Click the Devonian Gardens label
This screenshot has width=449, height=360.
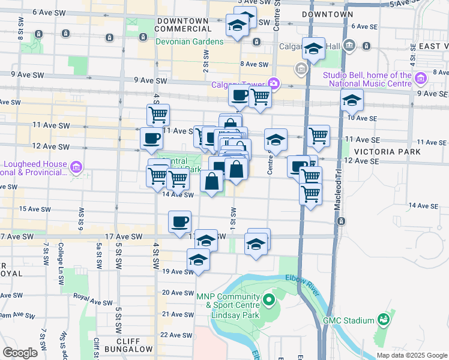click(x=190, y=41)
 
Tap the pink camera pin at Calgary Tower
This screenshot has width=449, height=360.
click(x=274, y=83)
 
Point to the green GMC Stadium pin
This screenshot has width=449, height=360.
click(x=382, y=320)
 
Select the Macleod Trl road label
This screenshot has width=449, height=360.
click(x=337, y=185)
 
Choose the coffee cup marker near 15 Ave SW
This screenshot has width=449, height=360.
click(x=179, y=222)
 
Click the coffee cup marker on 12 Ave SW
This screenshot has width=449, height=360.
click(x=151, y=139)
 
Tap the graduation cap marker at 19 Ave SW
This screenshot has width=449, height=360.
click(x=198, y=260)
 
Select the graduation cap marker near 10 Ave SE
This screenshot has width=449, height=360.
click(x=352, y=101)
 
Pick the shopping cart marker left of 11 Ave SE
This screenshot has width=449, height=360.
click(x=318, y=136)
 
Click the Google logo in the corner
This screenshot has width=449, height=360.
click(x=20, y=352)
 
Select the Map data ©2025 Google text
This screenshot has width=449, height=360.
click(x=412, y=355)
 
